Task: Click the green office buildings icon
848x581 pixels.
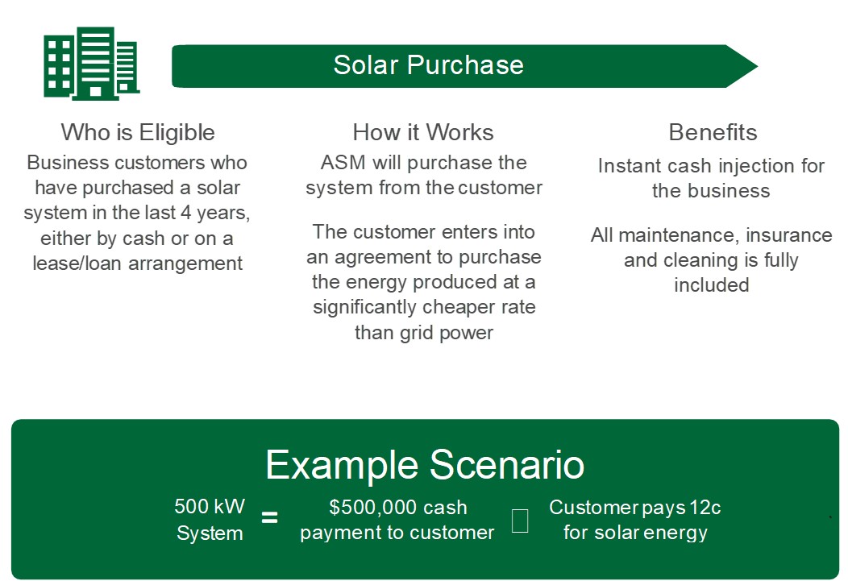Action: (x=91, y=64)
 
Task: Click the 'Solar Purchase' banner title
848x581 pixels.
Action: (x=428, y=65)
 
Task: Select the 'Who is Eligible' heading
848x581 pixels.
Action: (x=138, y=132)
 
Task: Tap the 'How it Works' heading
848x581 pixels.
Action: (x=423, y=132)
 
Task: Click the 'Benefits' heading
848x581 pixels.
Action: (x=713, y=132)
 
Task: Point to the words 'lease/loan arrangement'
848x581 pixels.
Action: (x=138, y=263)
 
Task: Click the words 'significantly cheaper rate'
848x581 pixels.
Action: (x=424, y=307)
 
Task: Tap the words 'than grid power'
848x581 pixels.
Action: (x=424, y=332)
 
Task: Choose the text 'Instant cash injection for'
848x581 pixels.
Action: (x=711, y=166)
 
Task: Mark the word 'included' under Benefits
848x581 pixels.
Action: (x=711, y=284)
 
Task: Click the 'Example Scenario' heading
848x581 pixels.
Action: (x=425, y=465)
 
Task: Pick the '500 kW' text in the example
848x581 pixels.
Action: (x=210, y=507)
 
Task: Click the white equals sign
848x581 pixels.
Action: (x=270, y=518)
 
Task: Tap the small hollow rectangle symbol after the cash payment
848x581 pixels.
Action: (x=520, y=521)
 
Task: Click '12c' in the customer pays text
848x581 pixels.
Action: (x=705, y=508)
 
